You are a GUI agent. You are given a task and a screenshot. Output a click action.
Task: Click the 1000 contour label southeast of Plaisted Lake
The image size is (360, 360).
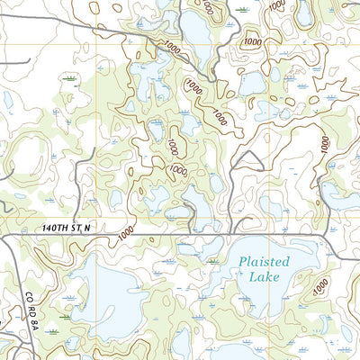(319, 288)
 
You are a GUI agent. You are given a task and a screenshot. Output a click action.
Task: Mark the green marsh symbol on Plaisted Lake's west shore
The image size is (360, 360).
(213, 262)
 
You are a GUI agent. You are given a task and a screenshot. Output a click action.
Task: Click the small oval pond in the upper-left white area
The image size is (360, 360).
(8, 100)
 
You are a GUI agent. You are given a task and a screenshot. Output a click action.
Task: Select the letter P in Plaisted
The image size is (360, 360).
(244, 262)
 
